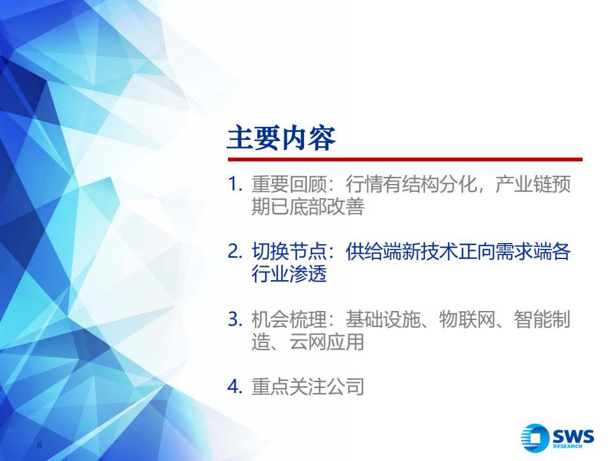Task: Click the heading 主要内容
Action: pos(281,138)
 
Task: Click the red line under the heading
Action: pos(405,160)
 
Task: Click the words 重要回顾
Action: pos(289,185)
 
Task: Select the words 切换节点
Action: pos(289,251)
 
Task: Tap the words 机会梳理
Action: pos(289,319)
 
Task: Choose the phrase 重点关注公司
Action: pos(308,387)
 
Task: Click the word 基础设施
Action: pos(383,319)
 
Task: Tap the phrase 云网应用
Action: pos(327,342)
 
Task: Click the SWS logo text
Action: pos(573,436)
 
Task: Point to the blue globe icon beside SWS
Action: pos(536,437)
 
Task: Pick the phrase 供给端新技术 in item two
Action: pos(401,251)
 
